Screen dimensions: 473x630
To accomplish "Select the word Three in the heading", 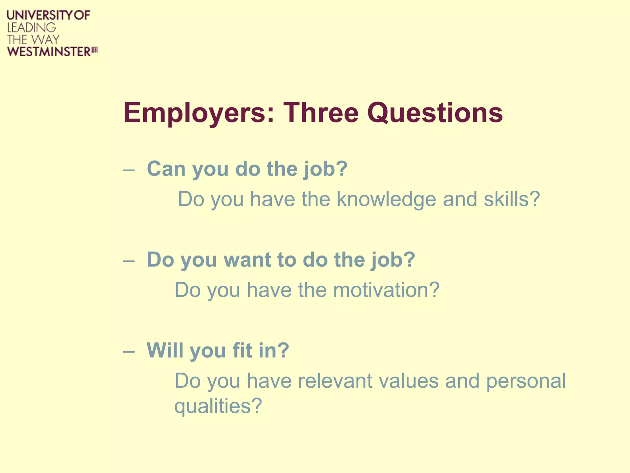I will point(321,113).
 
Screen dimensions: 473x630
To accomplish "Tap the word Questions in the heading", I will point(435,113).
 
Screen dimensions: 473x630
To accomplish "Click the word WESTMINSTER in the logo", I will point(49,51).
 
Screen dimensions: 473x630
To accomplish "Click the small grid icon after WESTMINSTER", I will point(95,50).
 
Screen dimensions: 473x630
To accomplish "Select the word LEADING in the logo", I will point(32,28).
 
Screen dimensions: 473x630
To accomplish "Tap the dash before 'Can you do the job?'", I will point(129,170).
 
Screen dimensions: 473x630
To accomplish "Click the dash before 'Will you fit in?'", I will point(129,351).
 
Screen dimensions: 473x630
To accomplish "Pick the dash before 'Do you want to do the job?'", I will point(129,261).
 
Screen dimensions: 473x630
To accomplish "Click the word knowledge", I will point(386,200).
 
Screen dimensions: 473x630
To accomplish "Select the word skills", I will point(512,199).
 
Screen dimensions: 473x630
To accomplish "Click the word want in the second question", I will point(247,260).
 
